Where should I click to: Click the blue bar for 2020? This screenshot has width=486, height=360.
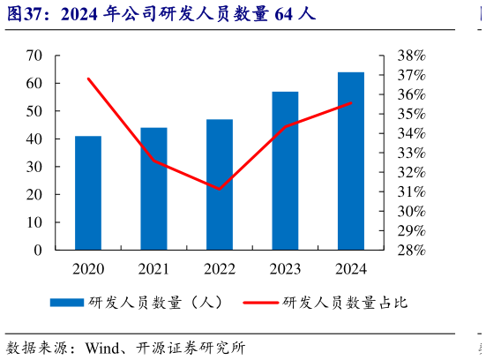[x=88, y=193]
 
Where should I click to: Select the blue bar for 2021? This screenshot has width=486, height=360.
[x=153, y=189]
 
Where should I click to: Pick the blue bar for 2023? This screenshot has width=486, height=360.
[x=285, y=170]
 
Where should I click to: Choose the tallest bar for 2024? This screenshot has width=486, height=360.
[x=351, y=161]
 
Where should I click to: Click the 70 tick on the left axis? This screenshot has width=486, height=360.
[x=34, y=56]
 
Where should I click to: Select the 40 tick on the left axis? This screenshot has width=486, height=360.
[x=34, y=139]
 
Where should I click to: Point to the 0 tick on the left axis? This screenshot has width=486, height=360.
[x=38, y=251]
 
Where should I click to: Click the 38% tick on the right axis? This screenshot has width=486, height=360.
[x=410, y=56]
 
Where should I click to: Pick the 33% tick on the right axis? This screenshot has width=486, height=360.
[x=410, y=153]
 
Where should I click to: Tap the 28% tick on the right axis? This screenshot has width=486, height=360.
[x=410, y=251]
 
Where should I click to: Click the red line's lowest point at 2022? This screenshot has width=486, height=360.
[x=220, y=189]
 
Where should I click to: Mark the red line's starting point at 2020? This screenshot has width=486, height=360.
[x=88, y=79]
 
